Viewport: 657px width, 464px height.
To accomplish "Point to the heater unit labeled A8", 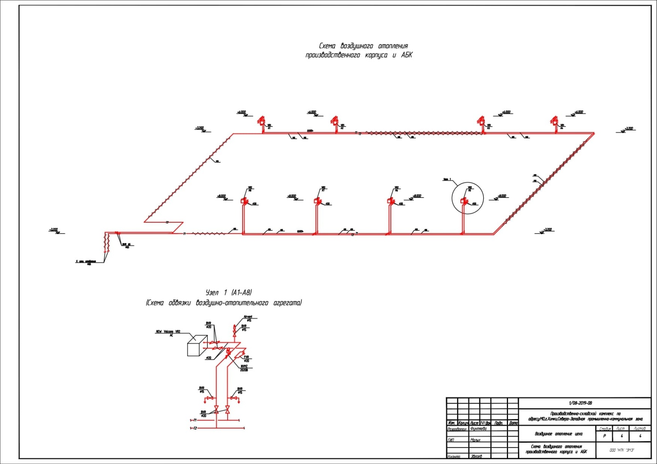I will coord(244,201).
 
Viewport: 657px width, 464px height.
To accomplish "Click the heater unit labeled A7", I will coord(317,201).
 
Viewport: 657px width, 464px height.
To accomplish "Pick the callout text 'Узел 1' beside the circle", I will coord(447,179).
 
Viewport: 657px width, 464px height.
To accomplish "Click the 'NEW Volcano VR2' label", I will coord(168,332).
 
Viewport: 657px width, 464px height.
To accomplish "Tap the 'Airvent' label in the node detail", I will coord(248,317).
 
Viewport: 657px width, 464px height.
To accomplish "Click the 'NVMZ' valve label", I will coord(244,366).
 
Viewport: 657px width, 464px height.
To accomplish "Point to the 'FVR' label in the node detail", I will coord(246,357).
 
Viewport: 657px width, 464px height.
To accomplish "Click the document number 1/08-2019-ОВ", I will coord(580,403).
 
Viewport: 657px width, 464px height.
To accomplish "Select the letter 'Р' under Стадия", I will coord(604,436).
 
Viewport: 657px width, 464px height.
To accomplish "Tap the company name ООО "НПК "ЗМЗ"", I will coord(622,450).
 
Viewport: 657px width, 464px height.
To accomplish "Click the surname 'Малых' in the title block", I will coord(475,440).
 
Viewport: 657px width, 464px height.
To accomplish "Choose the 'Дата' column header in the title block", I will coord(513,423).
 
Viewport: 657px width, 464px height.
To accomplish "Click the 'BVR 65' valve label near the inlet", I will coord(127,244).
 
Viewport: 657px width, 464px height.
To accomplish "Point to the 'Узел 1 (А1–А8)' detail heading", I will coord(229,292).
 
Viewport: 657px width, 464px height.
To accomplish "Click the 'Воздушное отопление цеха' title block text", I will coord(558,434).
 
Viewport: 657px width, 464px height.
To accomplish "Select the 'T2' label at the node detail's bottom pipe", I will coord(195,428).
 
